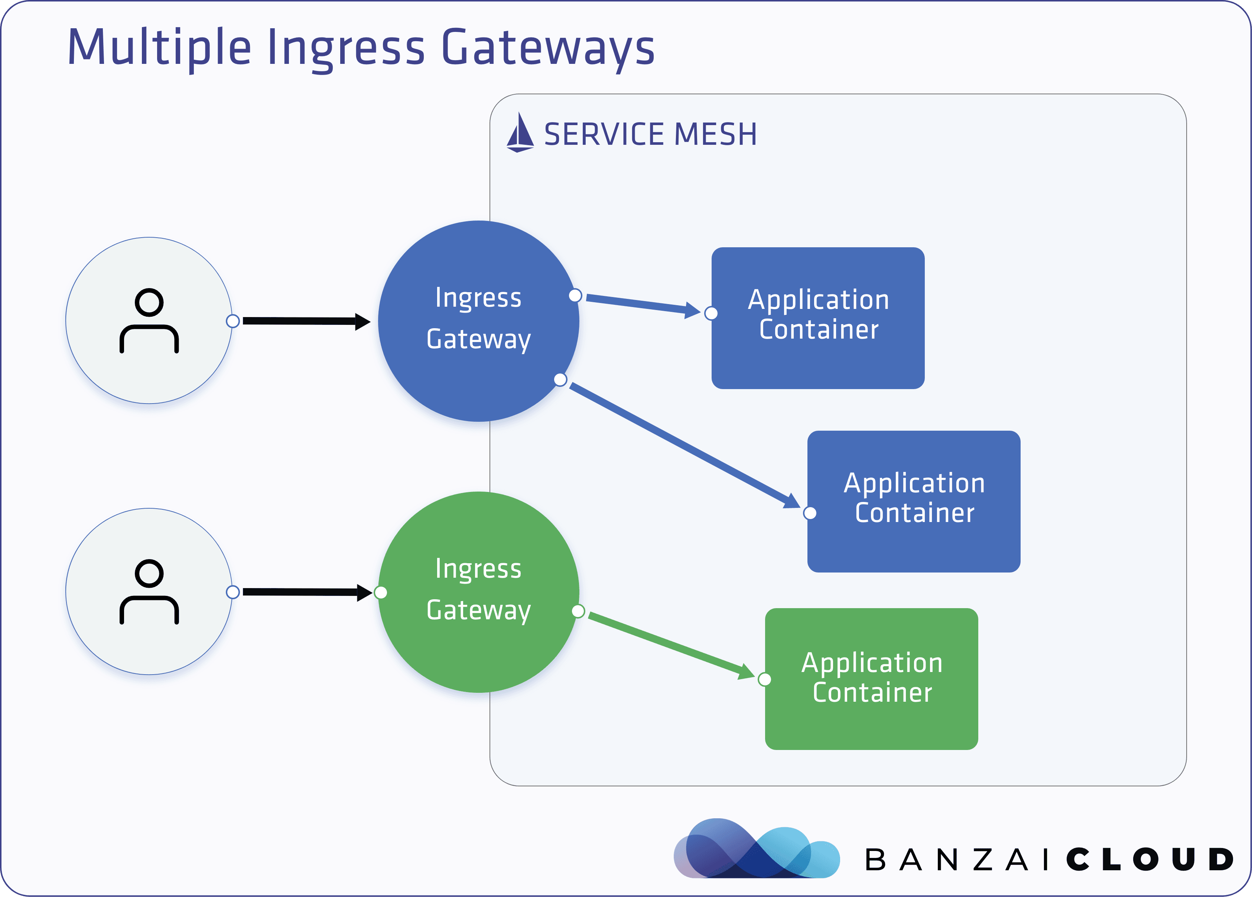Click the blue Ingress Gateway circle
click(x=479, y=321)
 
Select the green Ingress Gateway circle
click(x=479, y=592)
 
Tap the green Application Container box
click(x=872, y=679)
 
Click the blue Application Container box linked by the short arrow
click(x=818, y=318)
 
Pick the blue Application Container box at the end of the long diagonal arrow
click(x=914, y=501)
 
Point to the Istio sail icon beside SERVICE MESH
click(x=520, y=133)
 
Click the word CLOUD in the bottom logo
click(x=1150, y=860)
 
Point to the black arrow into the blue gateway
click(x=307, y=321)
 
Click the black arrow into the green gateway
click(x=308, y=592)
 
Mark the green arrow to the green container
click(x=671, y=645)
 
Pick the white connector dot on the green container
click(x=765, y=679)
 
